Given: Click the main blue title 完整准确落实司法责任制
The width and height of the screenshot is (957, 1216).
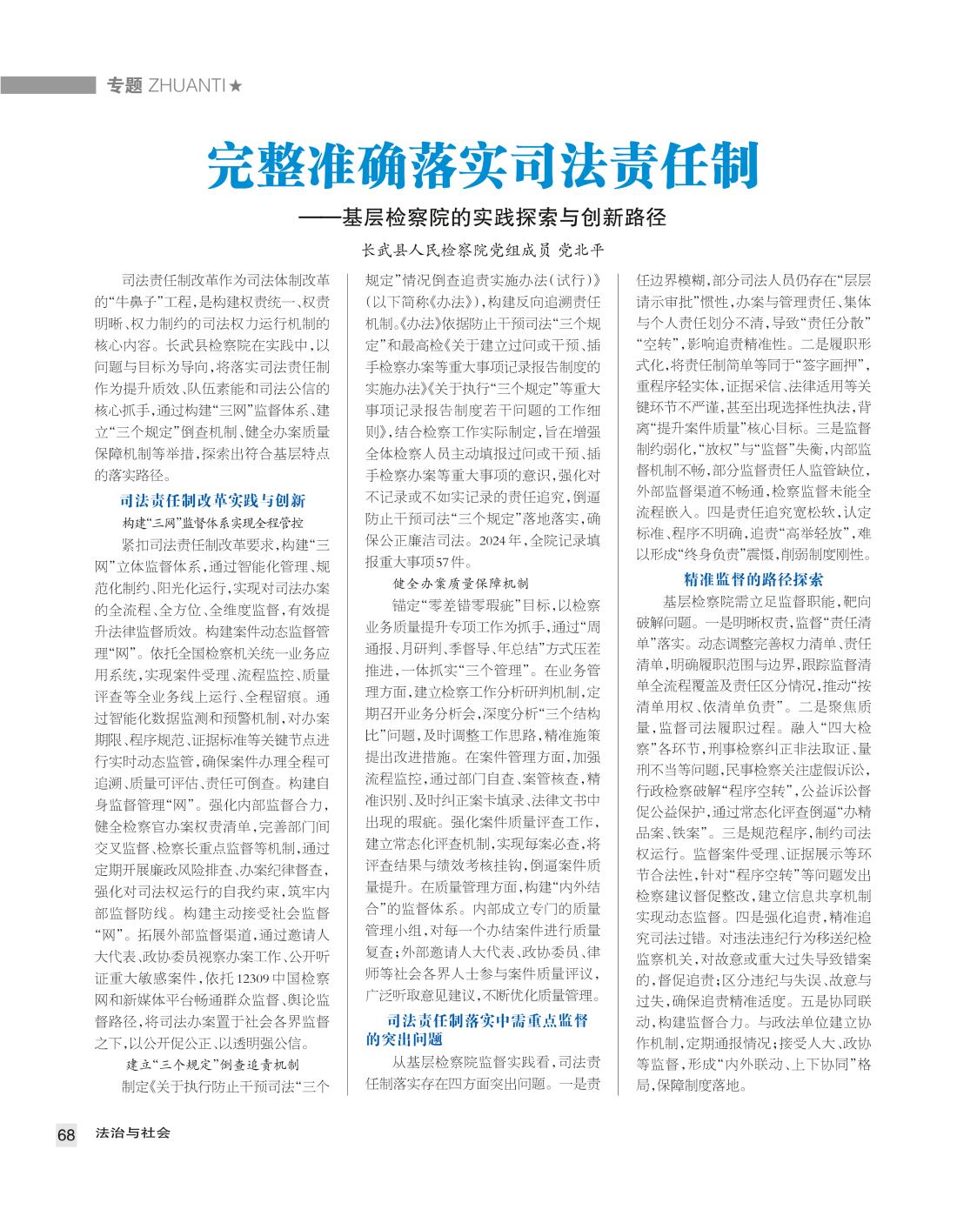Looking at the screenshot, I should click(483, 167).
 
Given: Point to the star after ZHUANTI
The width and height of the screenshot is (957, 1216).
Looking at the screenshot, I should click(236, 85).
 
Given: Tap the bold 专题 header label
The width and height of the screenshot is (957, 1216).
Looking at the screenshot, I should click(124, 85).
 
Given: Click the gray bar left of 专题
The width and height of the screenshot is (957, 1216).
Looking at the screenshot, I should click(48, 85).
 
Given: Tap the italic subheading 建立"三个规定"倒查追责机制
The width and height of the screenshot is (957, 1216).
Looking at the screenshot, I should click(212, 1065).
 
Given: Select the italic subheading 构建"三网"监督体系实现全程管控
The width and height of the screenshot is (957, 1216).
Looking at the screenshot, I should click(212, 523).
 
